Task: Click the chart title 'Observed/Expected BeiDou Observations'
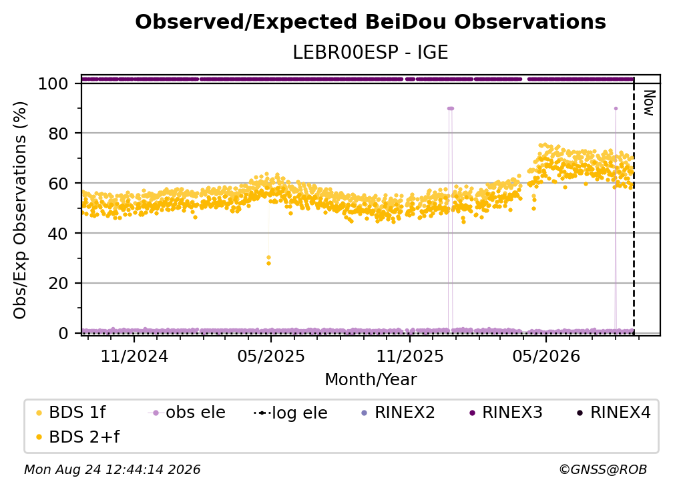coord(371,22)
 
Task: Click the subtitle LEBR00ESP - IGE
coord(371,53)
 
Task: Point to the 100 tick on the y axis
coord(53,83)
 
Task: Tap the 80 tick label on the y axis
coord(58,134)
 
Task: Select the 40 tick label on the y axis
coord(58,234)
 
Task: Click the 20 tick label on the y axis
coord(58,284)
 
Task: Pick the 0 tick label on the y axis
coord(63,333)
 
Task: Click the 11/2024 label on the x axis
coord(134,356)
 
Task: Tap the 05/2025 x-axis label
coord(271,356)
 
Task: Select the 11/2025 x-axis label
coord(410,356)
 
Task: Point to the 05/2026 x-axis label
coord(546,356)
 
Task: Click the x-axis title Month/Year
coord(371,380)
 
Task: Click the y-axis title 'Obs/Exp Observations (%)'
coord(20,210)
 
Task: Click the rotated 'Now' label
coord(648,103)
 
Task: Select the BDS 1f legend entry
coord(71,413)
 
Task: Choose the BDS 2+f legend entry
coord(78,437)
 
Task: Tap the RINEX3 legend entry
coord(506,413)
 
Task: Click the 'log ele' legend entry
coord(291,413)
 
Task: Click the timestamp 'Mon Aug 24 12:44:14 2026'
coord(112,470)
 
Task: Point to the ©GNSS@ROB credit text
coord(603,470)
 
